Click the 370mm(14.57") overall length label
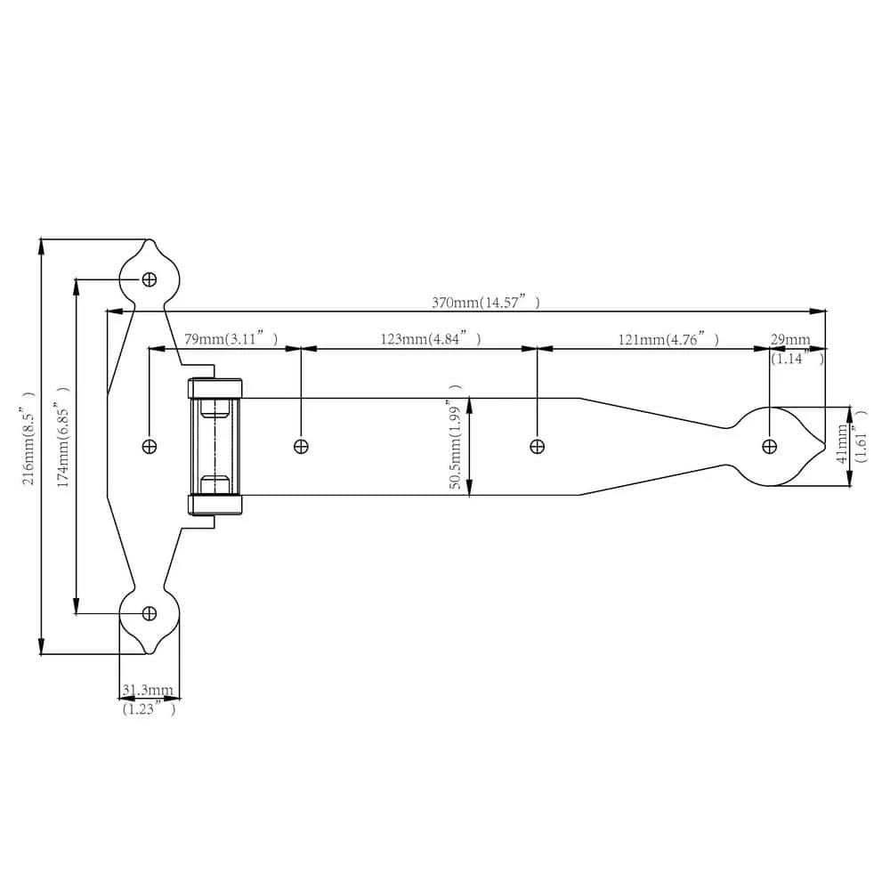coord(485,303)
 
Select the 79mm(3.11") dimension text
coord(231,339)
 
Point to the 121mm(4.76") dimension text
coord(667,339)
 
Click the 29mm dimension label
coord(790,340)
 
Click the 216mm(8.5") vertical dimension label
coord(28,437)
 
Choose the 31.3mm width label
coord(148,690)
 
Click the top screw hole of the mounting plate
coord(150,279)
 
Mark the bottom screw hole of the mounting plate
coord(150,612)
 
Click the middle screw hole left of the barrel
coord(150,446)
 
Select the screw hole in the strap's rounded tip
coord(770,446)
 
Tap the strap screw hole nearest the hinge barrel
coord(301,446)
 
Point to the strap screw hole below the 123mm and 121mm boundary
coord(537,446)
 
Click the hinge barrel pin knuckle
coord(214,446)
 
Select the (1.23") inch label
coord(149,709)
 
